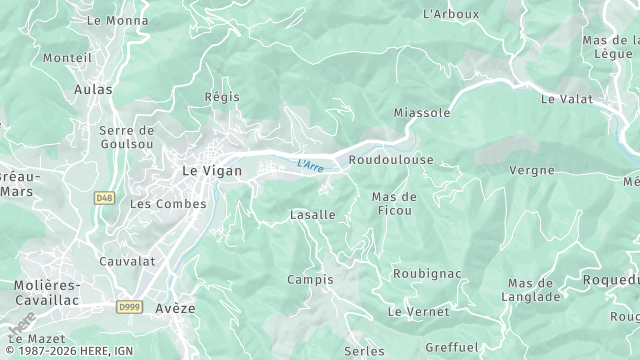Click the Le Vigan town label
(x=207, y=171)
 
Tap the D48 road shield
(x=104, y=198)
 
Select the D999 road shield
(x=129, y=306)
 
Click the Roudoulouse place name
(x=391, y=160)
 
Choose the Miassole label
(x=422, y=113)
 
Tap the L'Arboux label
(x=451, y=14)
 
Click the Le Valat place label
(x=567, y=99)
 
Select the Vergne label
(x=531, y=170)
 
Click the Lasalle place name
(x=313, y=215)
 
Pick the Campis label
(x=310, y=279)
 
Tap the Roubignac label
(x=427, y=272)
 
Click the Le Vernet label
(x=418, y=312)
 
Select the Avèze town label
(x=175, y=308)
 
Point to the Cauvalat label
(x=127, y=261)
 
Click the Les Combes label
(x=168, y=204)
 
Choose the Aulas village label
(x=93, y=90)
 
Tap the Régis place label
(x=221, y=97)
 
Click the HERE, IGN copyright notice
(x=68, y=352)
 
